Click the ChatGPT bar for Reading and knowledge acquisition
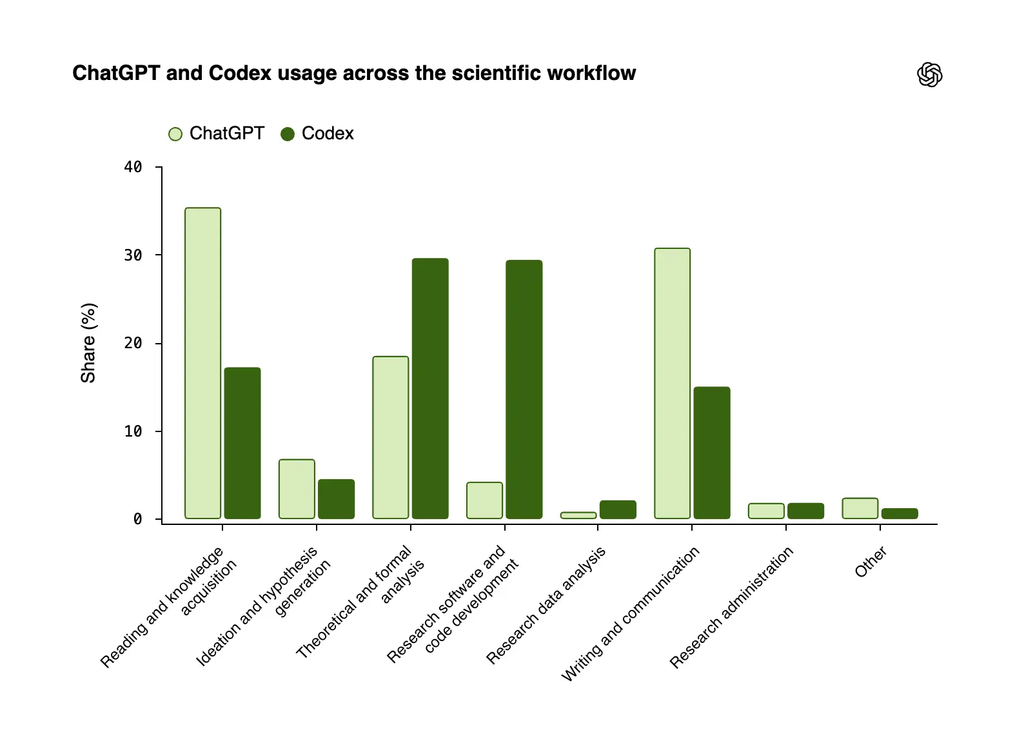click(202, 363)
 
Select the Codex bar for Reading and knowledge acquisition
click(242, 443)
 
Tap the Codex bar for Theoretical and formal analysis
click(430, 388)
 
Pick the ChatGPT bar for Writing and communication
click(673, 383)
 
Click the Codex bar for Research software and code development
click(524, 390)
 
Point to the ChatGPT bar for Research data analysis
click(578, 515)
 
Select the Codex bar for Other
click(900, 513)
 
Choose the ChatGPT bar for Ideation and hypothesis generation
click(297, 489)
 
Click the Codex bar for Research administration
click(805, 511)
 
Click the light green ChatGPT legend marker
click(175, 134)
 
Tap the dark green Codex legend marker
click(288, 134)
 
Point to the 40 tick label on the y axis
click(133, 167)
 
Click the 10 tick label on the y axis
click(133, 431)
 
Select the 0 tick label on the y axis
click(138, 519)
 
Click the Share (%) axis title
click(88, 343)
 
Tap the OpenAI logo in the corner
click(930, 75)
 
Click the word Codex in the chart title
click(240, 73)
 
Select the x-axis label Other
click(871, 562)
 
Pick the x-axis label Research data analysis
click(546, 606)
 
